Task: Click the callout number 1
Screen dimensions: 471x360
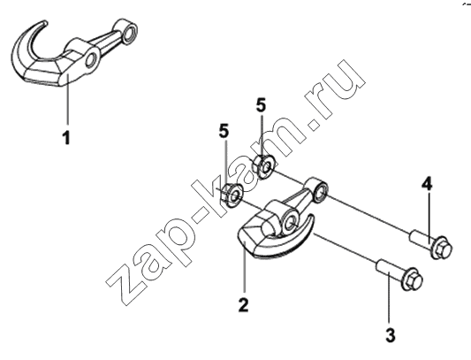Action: point(66,138)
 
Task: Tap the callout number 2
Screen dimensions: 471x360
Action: point(243,304)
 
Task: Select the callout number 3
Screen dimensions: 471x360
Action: point(391,335)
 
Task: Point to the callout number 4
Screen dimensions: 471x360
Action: point(427,184)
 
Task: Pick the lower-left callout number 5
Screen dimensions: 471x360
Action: point(224,131)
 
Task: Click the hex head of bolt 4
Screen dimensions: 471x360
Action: point(442,249)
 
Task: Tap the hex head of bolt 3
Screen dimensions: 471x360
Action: point(412,279)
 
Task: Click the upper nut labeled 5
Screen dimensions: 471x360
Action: point(263,165)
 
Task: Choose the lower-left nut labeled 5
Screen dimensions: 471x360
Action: point(232,195)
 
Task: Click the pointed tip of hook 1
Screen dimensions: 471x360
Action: point(45,22)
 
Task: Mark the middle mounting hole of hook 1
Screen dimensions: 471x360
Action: point(91,59)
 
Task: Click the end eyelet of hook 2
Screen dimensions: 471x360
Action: point(319,191)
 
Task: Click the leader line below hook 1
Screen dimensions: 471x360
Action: point(67,100)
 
